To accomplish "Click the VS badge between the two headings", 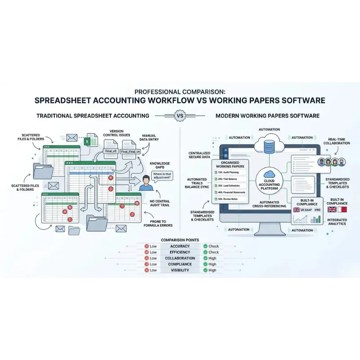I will coord(180,116).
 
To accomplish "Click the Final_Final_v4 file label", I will coord(130,152).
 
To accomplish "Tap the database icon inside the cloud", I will coord(270,145).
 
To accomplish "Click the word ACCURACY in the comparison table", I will coord(180,246).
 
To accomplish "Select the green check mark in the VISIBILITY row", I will coord(205,270).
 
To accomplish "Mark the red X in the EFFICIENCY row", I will coord(147,252).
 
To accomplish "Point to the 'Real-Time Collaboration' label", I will coord(339,141).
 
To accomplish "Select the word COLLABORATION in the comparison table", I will coord(180,258).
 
